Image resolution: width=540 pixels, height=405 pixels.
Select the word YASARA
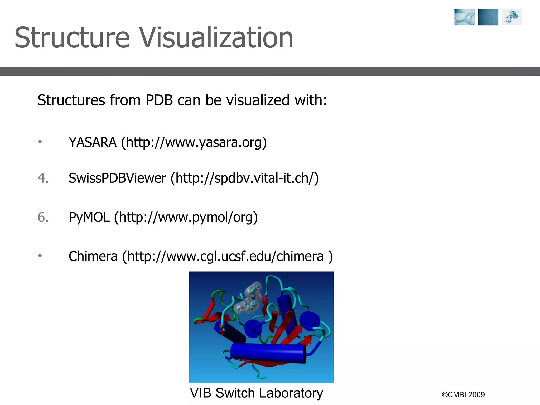(93, 143)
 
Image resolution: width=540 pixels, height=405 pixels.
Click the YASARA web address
(194, 143)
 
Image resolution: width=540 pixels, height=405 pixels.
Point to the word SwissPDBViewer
(117, 178)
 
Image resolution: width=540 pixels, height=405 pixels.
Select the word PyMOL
(89, 218)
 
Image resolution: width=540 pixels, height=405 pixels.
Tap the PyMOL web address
(186, 218)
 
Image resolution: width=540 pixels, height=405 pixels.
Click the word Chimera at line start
(93, 256)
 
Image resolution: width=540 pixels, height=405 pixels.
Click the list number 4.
(43, 178)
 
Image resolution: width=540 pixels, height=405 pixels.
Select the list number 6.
(43, 218)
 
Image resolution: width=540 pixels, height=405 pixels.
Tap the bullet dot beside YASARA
(40, 142)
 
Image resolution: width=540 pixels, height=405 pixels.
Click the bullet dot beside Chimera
(40, 256)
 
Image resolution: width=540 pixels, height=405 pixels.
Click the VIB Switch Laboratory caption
(256, 393)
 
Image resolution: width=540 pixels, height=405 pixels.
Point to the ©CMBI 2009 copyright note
(463, 395)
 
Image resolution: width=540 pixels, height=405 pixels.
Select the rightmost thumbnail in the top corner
(512, 17)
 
